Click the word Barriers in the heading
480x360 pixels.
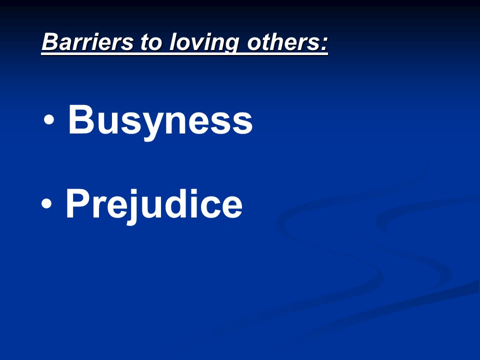pyautogui.click(x=87, y=41)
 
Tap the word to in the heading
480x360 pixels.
pyautogui.click(x=150, y=42)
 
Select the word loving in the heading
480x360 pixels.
pyautogui.click(x=203, y=43)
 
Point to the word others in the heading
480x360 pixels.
pyautogui.click(x=283, y=42)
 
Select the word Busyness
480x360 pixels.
pyautogui.click(x=160, y=121)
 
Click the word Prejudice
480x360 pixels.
pyautogui.click(x=154, y=205)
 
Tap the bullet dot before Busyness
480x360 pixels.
pyautogui.click(x=49, y=119)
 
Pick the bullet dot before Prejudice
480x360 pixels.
pyautogui.click(x=46, y=203)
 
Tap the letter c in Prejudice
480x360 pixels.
pyautogui.click(x=208, y=206)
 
